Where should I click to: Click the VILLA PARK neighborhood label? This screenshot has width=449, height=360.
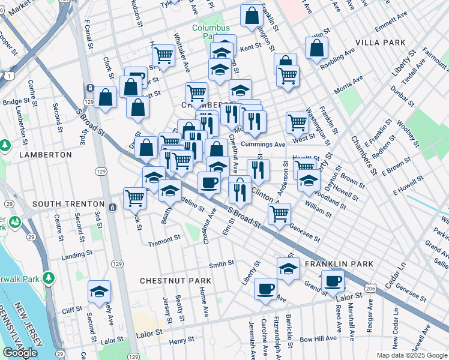[x=381, y=43]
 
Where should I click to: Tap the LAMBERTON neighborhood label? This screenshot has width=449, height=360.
[x=45, y=154]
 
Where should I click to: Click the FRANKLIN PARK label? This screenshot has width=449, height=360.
[x=339, y=264]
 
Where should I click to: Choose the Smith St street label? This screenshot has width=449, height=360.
[x=221, y=265]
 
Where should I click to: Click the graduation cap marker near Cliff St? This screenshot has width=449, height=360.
[x=99, y=292]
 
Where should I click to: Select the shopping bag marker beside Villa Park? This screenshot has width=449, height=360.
[x=316, y=49]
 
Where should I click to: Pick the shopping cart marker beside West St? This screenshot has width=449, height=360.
[x=297, y=122]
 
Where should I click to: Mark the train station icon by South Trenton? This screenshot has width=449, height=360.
[x=113, y=207]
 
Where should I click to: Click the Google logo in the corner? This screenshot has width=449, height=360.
[x=20, y=353]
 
